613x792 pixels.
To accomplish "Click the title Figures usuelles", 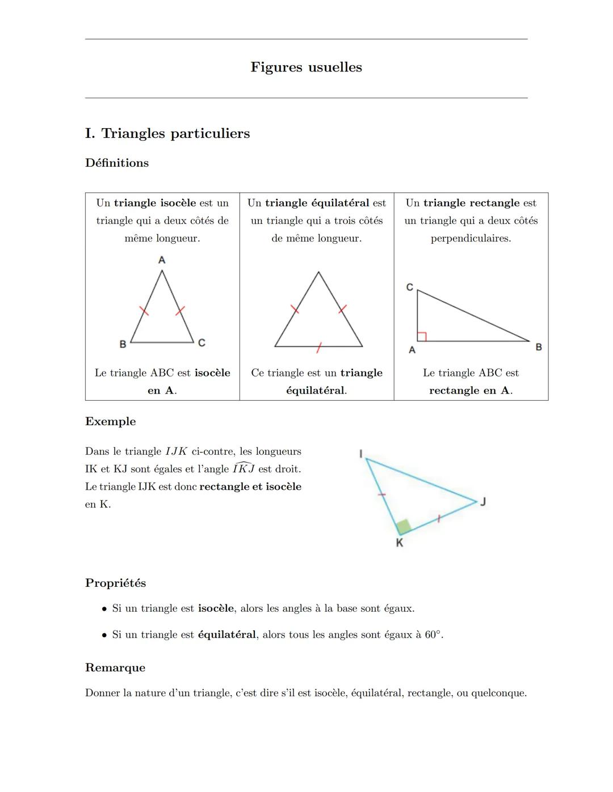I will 306,67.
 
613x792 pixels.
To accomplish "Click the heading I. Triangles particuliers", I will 167,134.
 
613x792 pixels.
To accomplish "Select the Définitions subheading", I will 117,163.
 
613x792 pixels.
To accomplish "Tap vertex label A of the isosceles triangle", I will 162,260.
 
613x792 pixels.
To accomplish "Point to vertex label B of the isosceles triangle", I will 123,344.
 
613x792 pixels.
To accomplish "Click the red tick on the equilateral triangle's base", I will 319,348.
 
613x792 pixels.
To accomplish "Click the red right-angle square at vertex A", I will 422,337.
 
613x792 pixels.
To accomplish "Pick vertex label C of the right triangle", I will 410,287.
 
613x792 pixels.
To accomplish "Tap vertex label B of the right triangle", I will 539,347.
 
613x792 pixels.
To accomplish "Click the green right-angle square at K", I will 404,527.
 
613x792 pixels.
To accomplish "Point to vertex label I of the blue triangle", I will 360,453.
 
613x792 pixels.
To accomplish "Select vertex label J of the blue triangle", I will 484,502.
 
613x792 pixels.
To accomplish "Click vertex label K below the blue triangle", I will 399,543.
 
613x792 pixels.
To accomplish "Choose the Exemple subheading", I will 111,422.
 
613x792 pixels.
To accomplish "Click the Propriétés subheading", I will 116,583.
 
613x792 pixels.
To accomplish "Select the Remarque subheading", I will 115,668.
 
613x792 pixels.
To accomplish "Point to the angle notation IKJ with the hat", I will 243,469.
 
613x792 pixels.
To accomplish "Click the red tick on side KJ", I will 438,518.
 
